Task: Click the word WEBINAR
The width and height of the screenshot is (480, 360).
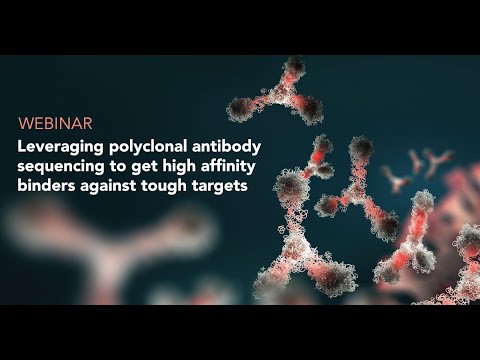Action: point(55,123)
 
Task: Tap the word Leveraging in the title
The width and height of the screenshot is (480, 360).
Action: point(60,147)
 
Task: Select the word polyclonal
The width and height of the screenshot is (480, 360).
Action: point(148,147)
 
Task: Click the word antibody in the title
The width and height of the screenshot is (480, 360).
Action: point(226,146)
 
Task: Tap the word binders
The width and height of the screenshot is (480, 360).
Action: point(46,185)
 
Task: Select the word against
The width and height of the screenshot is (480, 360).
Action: point(108,186)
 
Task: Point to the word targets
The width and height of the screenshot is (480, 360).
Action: point(220,186)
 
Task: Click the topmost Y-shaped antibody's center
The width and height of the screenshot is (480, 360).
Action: point(282,92)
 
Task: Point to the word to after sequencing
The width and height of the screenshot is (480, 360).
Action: point(118,167)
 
